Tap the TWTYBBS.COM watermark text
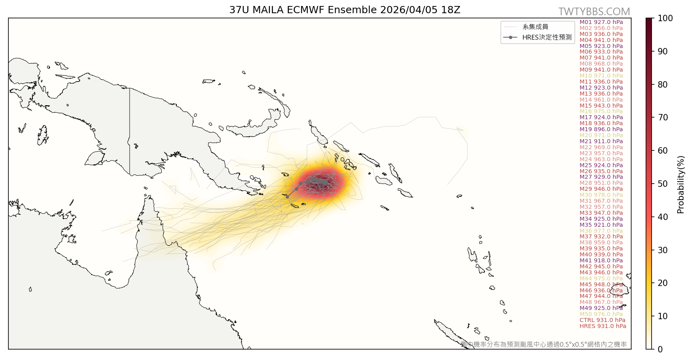(594, 12)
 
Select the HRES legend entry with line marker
(538, 37)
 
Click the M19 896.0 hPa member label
(601, 129)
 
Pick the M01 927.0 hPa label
(601, 22)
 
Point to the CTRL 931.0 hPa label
(602, 320)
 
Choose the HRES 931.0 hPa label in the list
(602, 326)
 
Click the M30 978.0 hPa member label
(601, 195)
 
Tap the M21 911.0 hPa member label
(601, 141)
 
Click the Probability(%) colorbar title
(680, 184)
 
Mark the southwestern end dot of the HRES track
(287, 197)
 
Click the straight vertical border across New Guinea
(130, 132)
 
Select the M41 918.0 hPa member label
(601, 260)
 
